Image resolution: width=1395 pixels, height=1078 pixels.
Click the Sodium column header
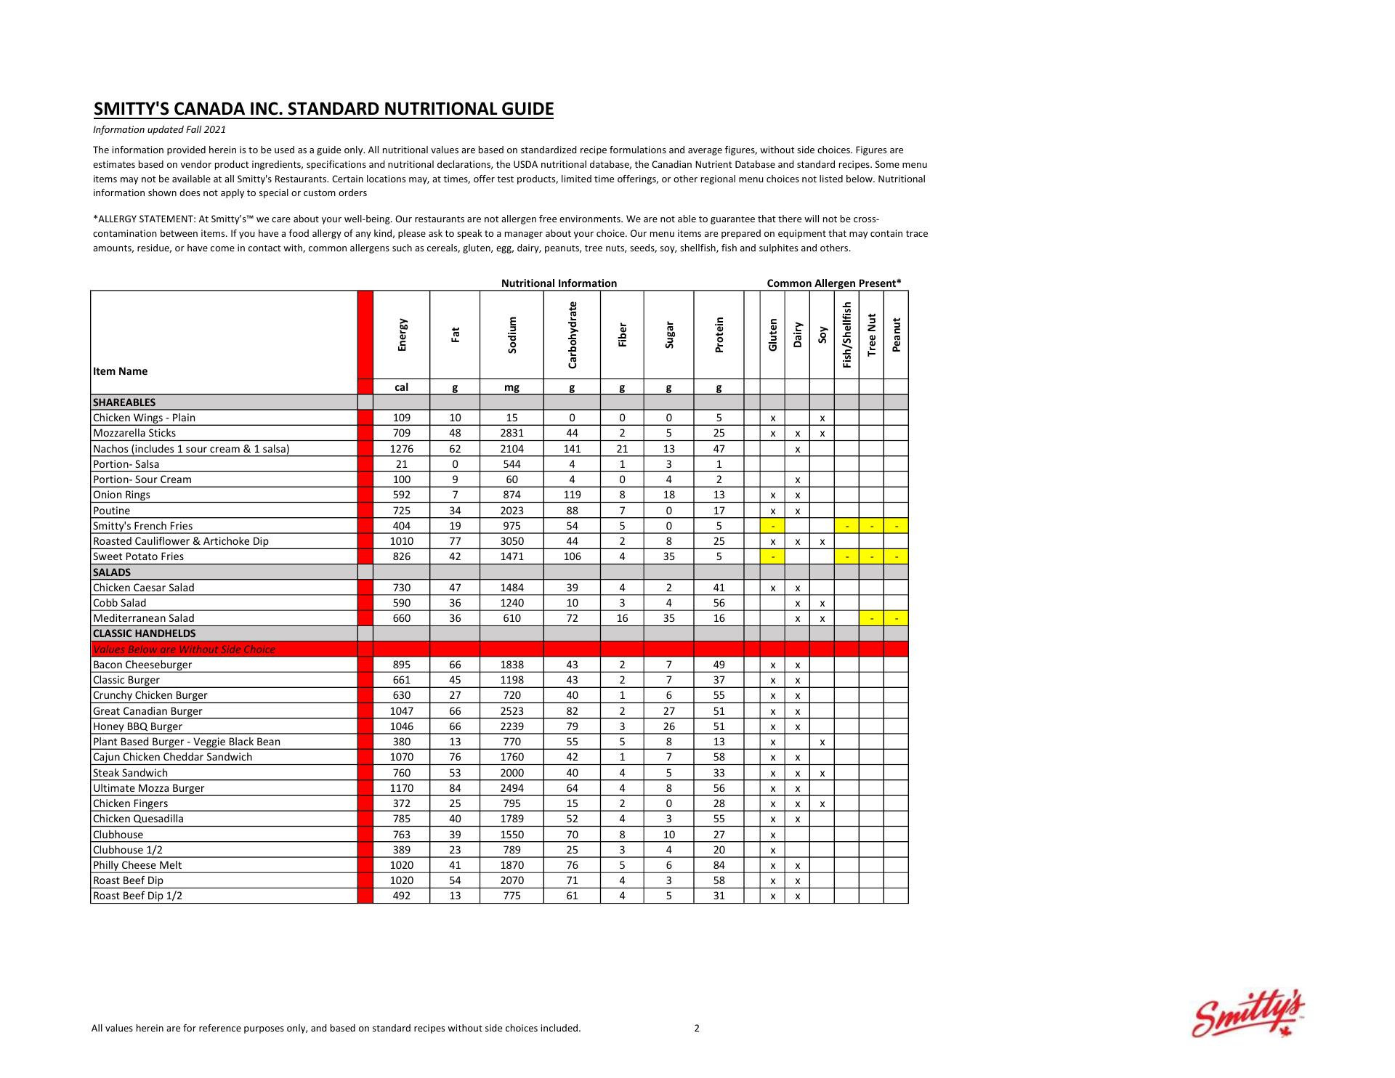point(512,335)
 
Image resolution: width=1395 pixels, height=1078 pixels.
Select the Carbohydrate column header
point(573,335)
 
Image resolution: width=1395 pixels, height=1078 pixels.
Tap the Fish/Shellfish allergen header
point(846,335)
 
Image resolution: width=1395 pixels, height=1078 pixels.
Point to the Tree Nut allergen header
point(871,335)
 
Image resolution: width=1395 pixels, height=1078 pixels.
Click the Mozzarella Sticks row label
point(134,433)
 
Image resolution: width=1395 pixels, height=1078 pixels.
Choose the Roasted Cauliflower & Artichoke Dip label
point(181,541)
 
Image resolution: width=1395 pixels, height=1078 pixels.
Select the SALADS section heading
point(112,572)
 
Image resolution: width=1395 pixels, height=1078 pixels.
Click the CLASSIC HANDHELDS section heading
point(145,633)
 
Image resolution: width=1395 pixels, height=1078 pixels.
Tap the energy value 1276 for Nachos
point(402,449)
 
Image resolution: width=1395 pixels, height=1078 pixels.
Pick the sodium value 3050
point(511,541)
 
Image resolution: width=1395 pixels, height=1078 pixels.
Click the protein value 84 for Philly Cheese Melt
point(719,865)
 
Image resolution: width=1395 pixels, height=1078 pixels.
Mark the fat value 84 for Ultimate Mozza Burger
point(455,788)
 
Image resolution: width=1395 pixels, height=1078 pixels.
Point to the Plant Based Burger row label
point(187,742)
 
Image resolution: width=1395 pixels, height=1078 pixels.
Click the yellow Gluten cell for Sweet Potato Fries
point(773,557)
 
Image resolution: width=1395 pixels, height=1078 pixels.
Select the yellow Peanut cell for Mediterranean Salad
point(896,619)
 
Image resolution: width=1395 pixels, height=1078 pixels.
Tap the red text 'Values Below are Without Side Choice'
point(185,649)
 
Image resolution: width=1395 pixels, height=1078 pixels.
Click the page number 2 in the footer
point(697,1028)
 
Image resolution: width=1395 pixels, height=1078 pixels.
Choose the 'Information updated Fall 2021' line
point(159,130)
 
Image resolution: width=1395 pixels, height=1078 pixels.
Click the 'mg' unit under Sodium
point(511,387)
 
